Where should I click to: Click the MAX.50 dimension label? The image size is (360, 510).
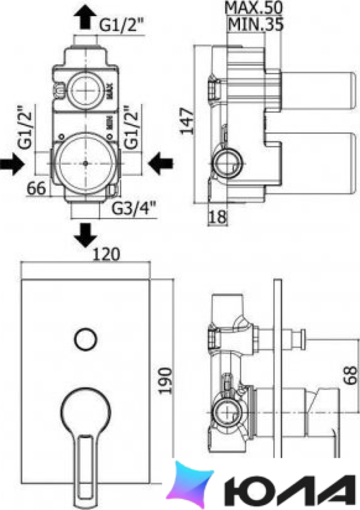pos(253,8)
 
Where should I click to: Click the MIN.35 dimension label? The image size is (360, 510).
pos(255,24)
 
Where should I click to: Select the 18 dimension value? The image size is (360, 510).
pos(217,217)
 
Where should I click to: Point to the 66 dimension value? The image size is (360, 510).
pos(36,188)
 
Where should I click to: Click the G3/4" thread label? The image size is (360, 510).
pos(134,209)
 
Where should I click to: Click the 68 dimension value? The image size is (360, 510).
pos(350,376)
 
